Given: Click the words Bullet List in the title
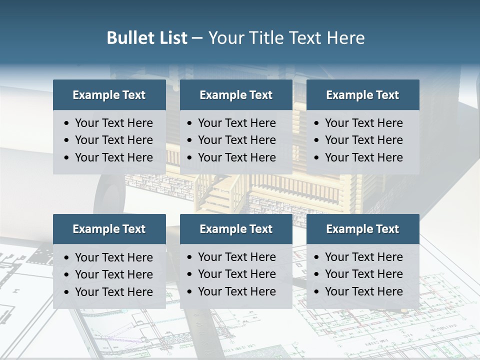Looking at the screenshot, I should tap(147, 38).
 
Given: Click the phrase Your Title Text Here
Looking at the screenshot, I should tap(286, 38).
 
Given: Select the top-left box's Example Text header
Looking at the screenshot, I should tap(109, 95).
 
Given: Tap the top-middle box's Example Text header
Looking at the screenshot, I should tap(236, 95).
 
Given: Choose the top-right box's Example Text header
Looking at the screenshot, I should tap(362, 95).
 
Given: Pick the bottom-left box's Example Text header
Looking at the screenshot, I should tap(109, 229).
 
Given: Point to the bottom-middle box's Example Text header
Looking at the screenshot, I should tap(236, 229).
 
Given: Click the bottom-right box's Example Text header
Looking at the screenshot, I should tap(362, 229).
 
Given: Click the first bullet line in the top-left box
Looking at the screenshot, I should tap(113, 123).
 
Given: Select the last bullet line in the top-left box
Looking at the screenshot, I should tap(113, 157).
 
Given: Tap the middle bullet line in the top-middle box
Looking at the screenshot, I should tap(236, 140).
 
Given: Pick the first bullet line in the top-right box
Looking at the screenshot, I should tap(363, 123).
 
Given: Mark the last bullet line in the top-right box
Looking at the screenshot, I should tap(363, 157).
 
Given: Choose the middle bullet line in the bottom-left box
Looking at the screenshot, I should tap(113, 274).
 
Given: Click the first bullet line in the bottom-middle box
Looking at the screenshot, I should tap(236, 257).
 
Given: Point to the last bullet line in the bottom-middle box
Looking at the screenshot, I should tap(236, 291).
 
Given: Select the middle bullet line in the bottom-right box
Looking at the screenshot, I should tap(363, 274).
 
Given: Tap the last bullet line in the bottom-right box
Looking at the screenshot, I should tap(363, 291).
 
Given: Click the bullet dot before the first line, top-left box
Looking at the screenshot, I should tap(67, 123).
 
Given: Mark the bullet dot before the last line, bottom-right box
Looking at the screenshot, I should tap(316, 292).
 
